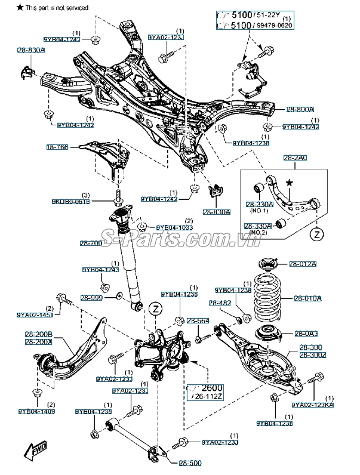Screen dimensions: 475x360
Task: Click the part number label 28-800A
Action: click(300, 110)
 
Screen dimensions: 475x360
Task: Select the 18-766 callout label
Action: click(58, 146)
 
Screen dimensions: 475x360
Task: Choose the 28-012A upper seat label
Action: click(303, 264)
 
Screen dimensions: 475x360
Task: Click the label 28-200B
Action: click(38, 335)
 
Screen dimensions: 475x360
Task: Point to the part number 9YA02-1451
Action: click(35, 314)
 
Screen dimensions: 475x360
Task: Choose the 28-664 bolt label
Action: click(198, 321)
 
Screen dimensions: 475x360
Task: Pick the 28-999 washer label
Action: click(93, 297)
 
